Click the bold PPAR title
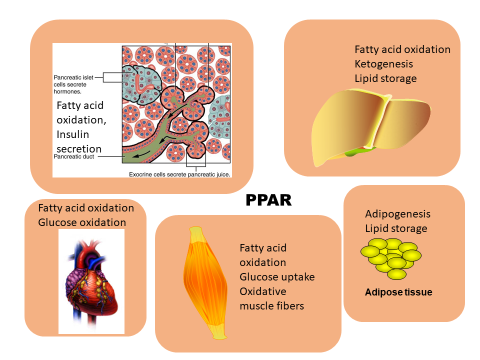click(x=268, y=200)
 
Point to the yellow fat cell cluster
click(x=391, y=258)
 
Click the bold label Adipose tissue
click(x=398, y=292)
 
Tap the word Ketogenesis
click(x=383, y=64)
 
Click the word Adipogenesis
click(x=397, y=213)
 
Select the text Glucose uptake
click(x=277, y=276)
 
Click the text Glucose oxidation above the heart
click(x=82, y=222)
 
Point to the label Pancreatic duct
click(x=74, y=156)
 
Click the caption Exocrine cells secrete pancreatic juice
click(x=179, y=174)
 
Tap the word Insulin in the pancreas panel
click(x=73, y=134)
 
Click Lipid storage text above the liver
click(x=385, y=78)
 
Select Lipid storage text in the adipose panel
click(x=396, y=228)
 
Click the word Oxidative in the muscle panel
click(x=263, y=291)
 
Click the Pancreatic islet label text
click(x=73, y=77)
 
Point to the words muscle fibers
click(x=272, y=306)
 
